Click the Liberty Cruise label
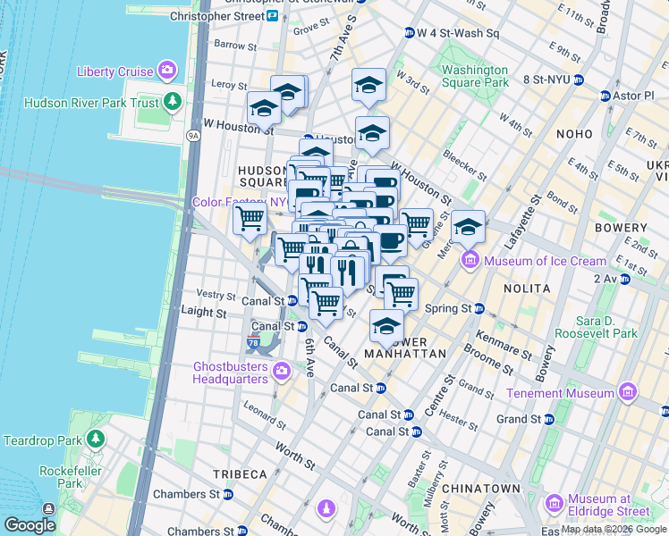coord(114,71)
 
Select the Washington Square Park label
coord(474,77)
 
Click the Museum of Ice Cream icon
coord(470,261)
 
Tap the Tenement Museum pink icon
coord(627,393)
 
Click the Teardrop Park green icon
coord(95,440)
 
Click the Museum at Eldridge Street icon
coord(555,504)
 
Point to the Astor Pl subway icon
coord(605,96)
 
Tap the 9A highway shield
coord(192,135)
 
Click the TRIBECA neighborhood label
coord(240,473)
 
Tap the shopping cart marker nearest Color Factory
coord(250,217)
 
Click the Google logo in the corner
coord(30,525)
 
